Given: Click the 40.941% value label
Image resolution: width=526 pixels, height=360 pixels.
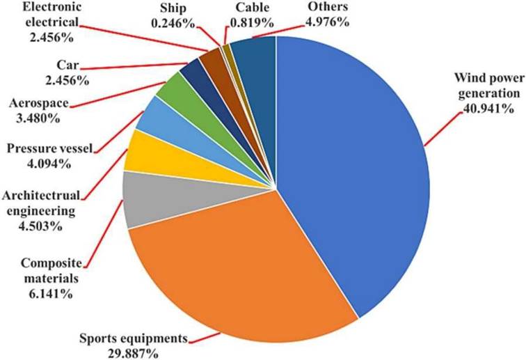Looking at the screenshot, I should pyautogui.click(x=479, y=109).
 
